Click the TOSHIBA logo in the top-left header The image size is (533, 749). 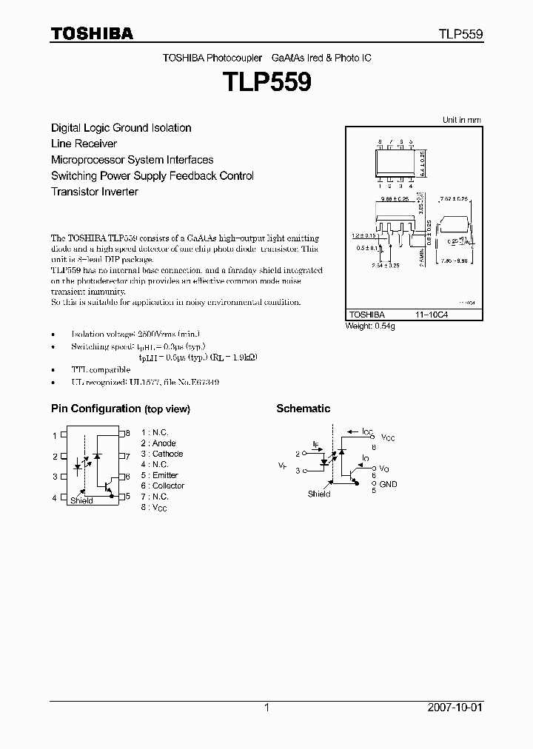pyautogui.click(x=92, y=33)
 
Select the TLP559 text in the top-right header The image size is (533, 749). pyautogui.click(x=460, y=34)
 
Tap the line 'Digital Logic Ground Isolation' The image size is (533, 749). pyautogui.click(x=121, y=128)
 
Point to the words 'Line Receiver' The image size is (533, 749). pyautogui.click(x=84, y=144)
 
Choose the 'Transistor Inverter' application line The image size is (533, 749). pyautogui.click(x=94, y=192)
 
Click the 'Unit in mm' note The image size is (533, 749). pyautogui.click(x=461, y=120)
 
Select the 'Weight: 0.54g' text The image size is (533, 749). pyautogui.click(x=370, y=326)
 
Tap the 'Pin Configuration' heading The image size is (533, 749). pyautogui.click(x=95, y=409)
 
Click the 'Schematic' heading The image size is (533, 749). pyautogui.click(x=303, y=409)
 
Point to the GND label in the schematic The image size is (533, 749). pyautogui.click(x=388, y=484)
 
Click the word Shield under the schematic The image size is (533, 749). pyautogui.click(x=319, y=494)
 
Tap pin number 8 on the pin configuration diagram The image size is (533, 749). pyautogui.click(x=128, y=433)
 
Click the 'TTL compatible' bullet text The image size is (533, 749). pyautogui.click(x=101, y=369)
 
